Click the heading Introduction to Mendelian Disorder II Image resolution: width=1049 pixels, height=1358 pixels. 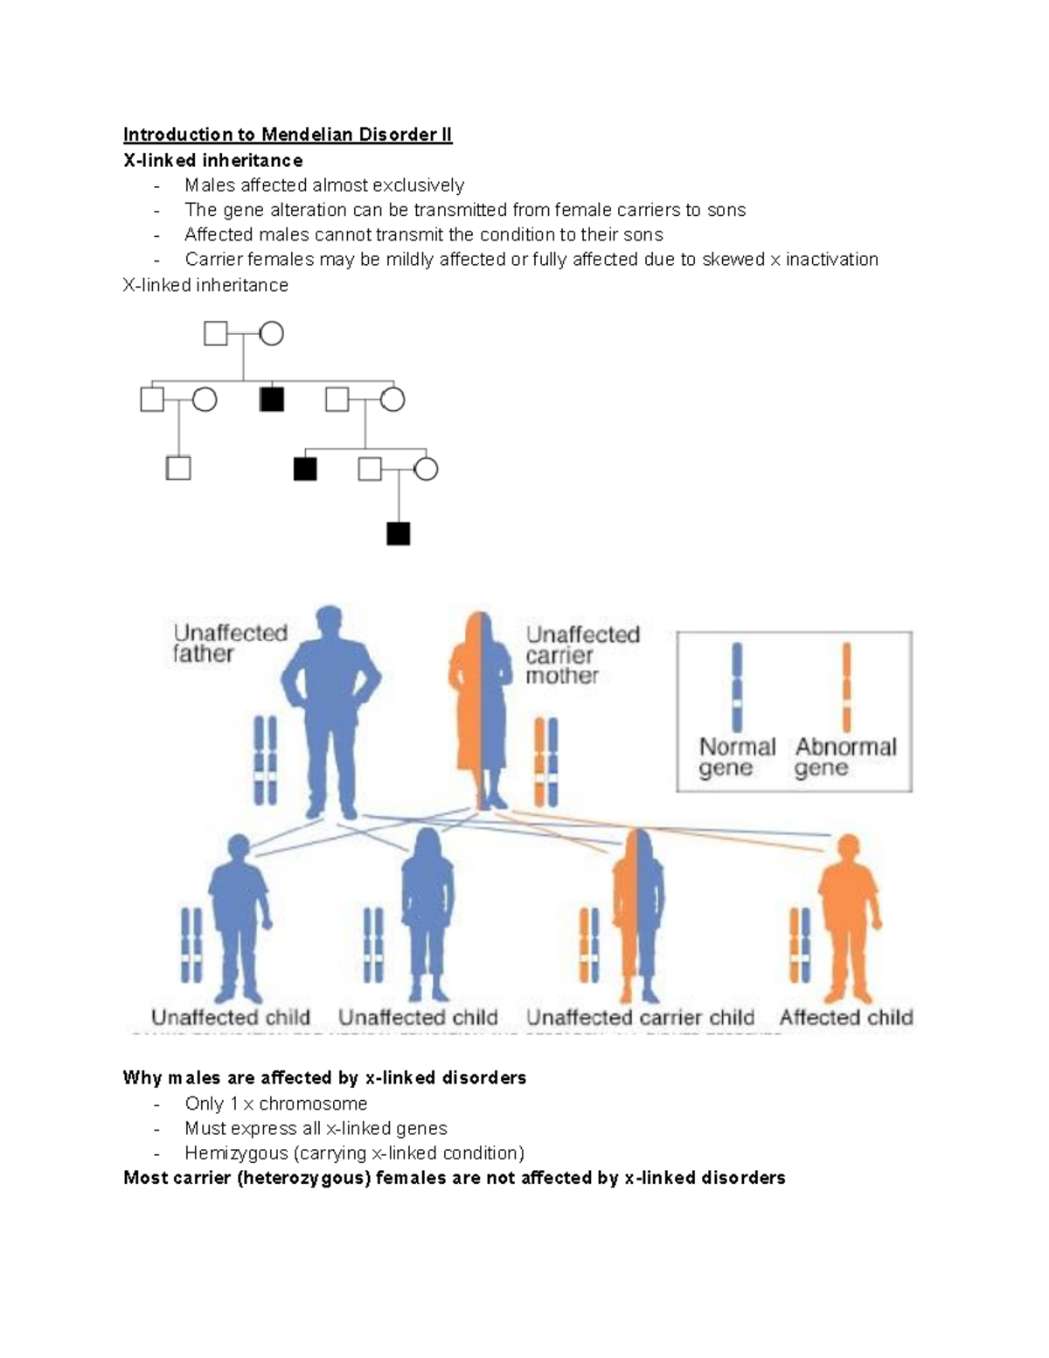tap(287, 135)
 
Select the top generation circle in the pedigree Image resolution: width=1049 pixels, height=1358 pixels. tap(271, 333)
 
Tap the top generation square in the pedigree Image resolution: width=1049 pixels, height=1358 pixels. tap(215, 333)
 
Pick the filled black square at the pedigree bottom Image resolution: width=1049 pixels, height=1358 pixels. tap(398, 533)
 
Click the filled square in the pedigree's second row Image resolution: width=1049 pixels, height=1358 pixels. tap(272, 400)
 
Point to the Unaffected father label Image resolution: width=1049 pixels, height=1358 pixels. tap(230, 644)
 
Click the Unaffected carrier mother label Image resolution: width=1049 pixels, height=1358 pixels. tap(581, 654)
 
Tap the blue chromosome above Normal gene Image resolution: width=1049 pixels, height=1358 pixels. tap(737, 687)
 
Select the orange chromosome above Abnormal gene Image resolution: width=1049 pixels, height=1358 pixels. tap(845, 687)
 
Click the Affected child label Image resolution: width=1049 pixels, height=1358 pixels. tap(845, 1017)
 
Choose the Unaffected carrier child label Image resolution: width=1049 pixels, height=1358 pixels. tap(640, 1017)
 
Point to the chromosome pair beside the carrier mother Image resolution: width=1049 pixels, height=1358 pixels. tap(545, 762)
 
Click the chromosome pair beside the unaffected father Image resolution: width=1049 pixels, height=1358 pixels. tap(265, 760)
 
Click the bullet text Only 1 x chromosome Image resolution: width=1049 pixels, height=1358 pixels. tap(275, 1104)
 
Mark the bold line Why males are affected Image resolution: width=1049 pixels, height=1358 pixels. tap(324, 1078)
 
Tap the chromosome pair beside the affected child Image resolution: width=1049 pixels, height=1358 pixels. tap(800, 945)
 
